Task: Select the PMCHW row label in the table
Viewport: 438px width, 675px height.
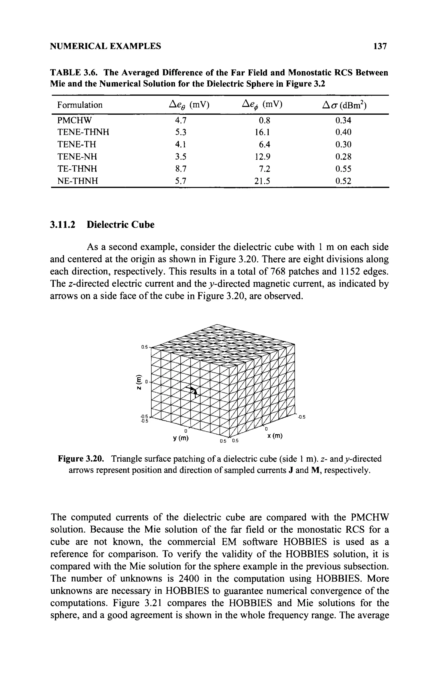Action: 75,121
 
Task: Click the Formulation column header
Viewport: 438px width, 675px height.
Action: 80,105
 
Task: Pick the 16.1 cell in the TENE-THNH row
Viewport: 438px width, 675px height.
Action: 262,132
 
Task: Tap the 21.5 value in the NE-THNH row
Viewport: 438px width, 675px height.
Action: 262,181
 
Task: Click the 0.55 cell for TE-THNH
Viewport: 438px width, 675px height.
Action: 343,169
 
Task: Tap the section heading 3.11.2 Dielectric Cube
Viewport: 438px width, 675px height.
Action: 102,225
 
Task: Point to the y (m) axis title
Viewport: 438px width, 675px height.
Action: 181,438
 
